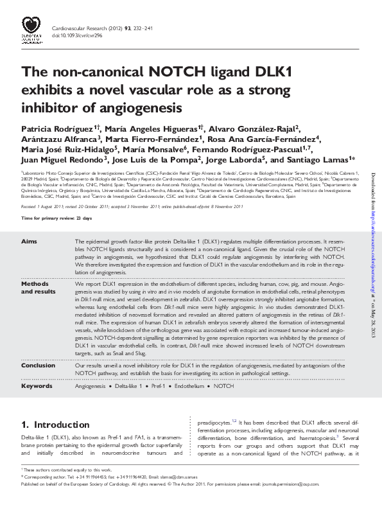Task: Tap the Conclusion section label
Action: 38,365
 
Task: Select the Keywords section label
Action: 37,387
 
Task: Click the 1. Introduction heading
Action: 51,425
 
